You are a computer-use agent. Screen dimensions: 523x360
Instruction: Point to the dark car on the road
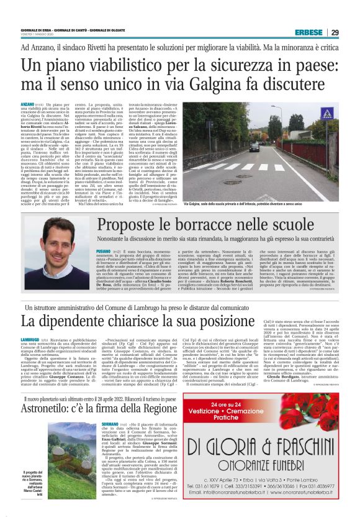point(254,147)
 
